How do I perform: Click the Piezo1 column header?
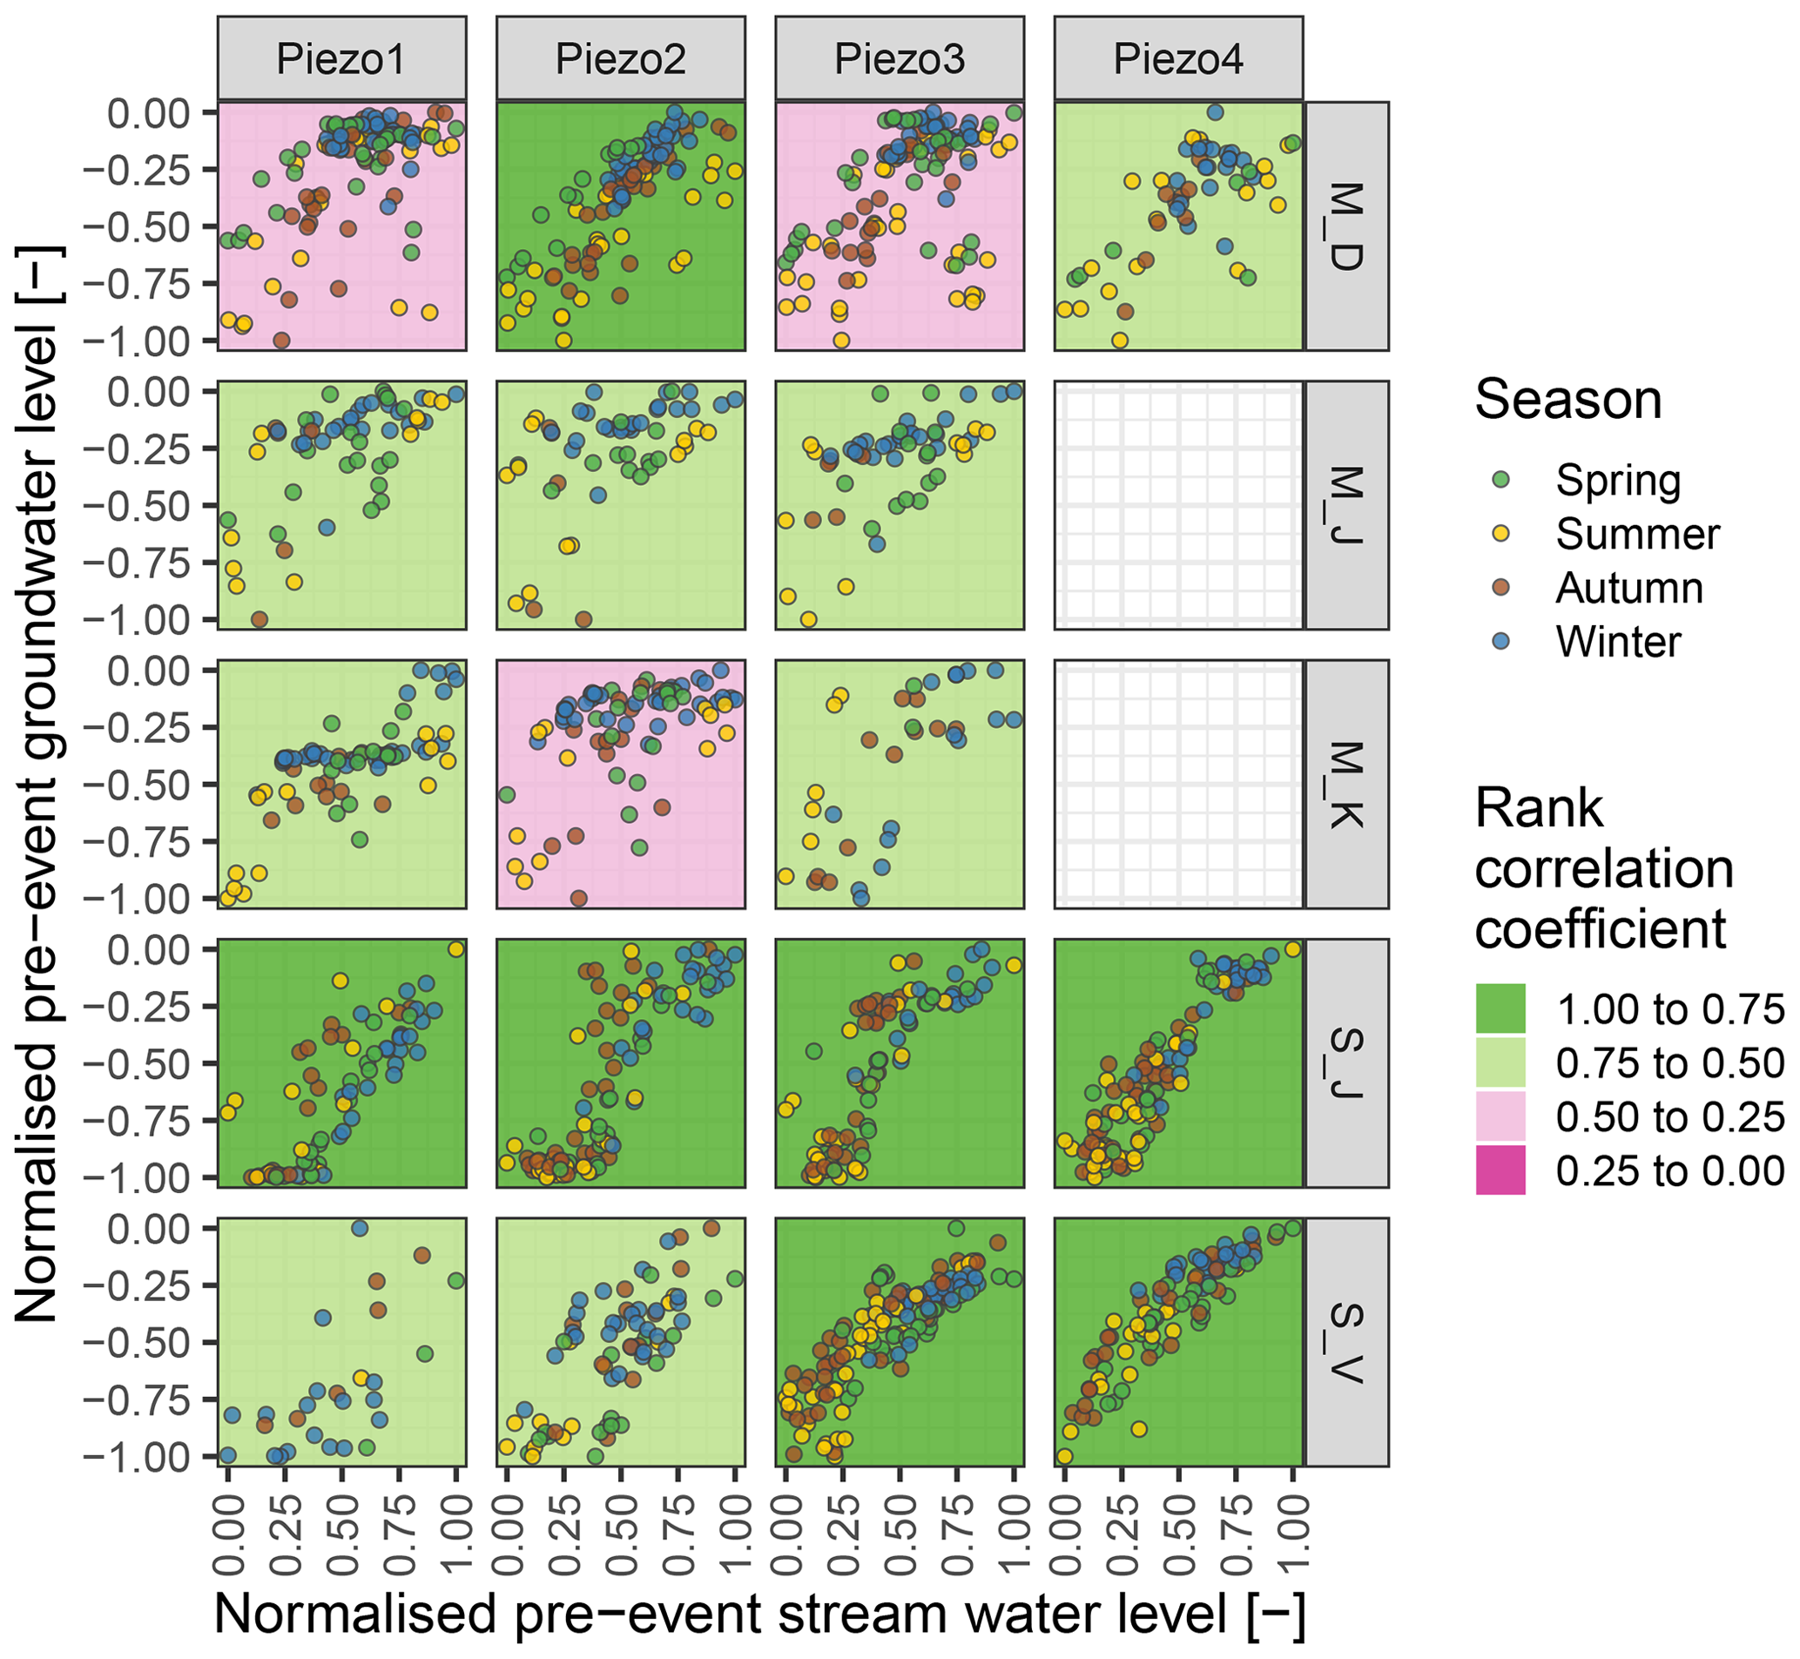pyautogui.click(x=341, y=58)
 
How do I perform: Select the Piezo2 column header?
pyautogui.click(x=620, y=58)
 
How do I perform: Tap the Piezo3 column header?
pyautogui.click(x=900, y=58)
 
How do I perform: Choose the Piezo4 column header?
pyautogui.click(x=1178, y=58)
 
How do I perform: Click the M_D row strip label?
pyautogui.click(x=1345, y=226)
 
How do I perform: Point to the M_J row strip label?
pyautogui.click(x=1345, y=505)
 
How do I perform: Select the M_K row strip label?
pyautogui.click(x=1345, y=785)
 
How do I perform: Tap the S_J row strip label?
pyautogui.click(x=1345, y=1064)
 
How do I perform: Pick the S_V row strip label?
pyautogui.click(x=1345, y=1343)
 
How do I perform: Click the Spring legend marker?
pyautogui.click(x=1500, y=481)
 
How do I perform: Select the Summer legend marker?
pyautogui.click(x=1500, y=534)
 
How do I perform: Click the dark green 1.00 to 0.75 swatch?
pyautogui.click(x=1500, y=1009)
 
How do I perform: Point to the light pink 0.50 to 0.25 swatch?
pyautogui.click(x=1500, y=1116)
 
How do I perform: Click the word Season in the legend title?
pyautogui.click(x=1567, y=401)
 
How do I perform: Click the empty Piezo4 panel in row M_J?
pyautogui.click(x=1178, y=505)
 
